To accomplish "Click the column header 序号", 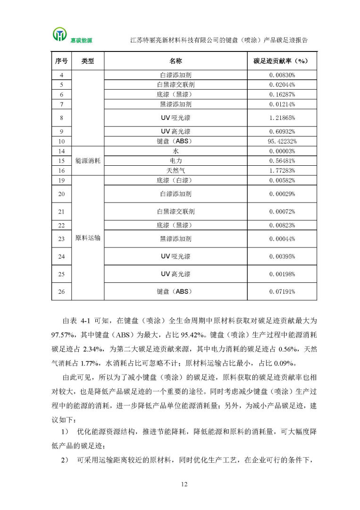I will [x=61, y=61].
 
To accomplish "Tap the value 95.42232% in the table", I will [x=282, y=141].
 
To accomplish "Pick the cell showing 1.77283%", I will [x=282, y=170].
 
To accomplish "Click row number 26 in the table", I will [x=61, y=291].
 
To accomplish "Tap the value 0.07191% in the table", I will [x=282, y=291].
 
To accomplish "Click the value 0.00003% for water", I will [x=282, y=151].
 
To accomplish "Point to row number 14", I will [x=61, y=151].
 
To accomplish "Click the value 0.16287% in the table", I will [x=282, y=94].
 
